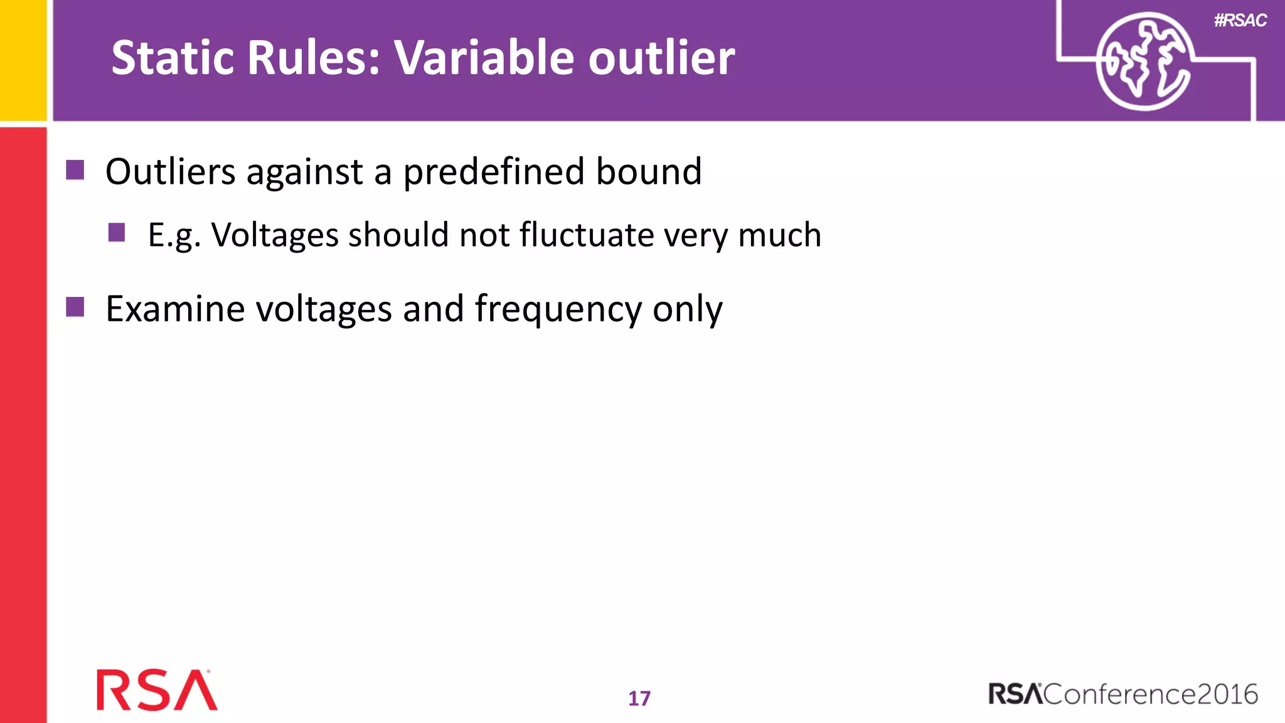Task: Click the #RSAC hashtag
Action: pyautogui.click(x=1240, y=21)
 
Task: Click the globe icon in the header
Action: pyautogui.click(x=1143, y=62)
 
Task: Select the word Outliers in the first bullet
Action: pyautogui.click(x=171, y=171)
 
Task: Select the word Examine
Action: pyautogui.click(x=174, y=309)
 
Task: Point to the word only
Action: pyautogui.click(x=687, y=310)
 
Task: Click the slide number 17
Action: pyautogui.click(x=639, y=699)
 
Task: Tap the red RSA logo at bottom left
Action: pyautogui.click(x=157, y=690)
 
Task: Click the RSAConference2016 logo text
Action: pyautogui.click(x=1122, y=694)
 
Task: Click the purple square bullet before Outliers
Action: pyautogui.click(x=75, y=170)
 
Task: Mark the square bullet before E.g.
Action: pyautogui.click(x=117, y=233)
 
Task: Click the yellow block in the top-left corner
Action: pyautogui.click(x=23, y=60)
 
